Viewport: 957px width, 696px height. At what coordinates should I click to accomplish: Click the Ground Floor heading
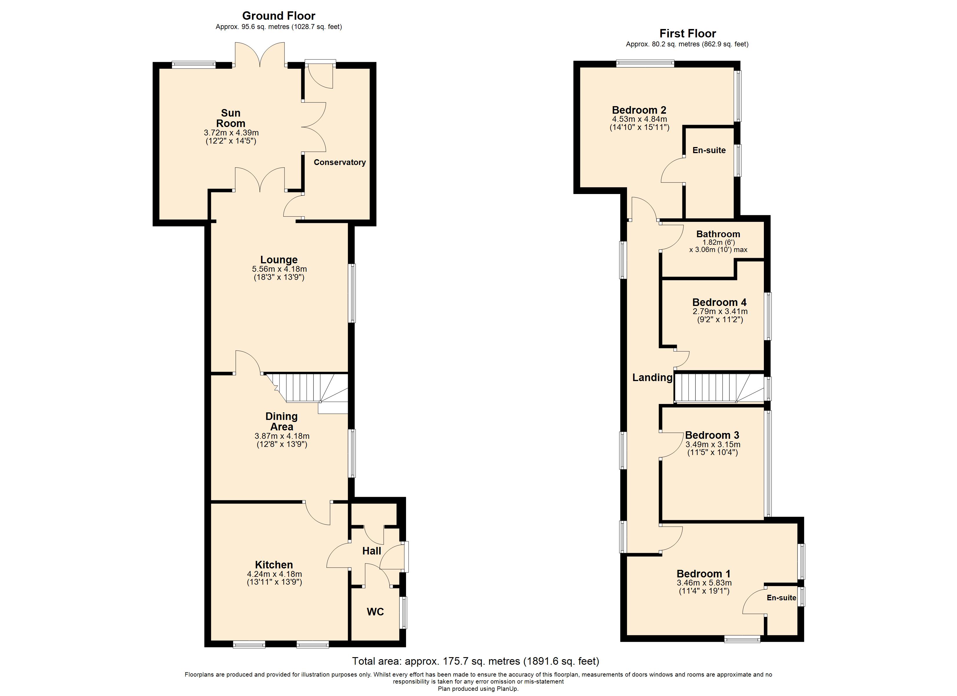[278, 16]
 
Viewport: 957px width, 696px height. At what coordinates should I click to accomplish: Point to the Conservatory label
[339, 162]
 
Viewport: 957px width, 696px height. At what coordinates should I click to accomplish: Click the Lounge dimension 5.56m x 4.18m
[279, 269]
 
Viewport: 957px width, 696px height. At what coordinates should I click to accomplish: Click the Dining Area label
[282, 421]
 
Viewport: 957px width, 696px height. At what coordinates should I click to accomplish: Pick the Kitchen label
[274, 565]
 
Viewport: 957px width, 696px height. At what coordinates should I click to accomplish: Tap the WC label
[375, 612]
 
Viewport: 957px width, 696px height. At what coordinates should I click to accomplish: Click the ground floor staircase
[308, 388]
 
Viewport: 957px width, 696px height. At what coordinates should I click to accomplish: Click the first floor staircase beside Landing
[717, 388]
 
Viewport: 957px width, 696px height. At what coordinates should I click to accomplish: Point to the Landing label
[652, 378]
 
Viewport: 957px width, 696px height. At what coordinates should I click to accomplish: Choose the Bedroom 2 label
[639, 110]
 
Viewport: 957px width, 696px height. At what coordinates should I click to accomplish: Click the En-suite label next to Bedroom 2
[709, 150]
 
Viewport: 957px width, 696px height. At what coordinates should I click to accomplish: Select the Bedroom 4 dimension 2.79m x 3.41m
[720, 311]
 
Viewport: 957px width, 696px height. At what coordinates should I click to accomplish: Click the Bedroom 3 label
[712, 435]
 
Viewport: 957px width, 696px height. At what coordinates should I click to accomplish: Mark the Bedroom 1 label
[704, 574]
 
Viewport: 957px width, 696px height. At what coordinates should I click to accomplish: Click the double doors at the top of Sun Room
[260, 55]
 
